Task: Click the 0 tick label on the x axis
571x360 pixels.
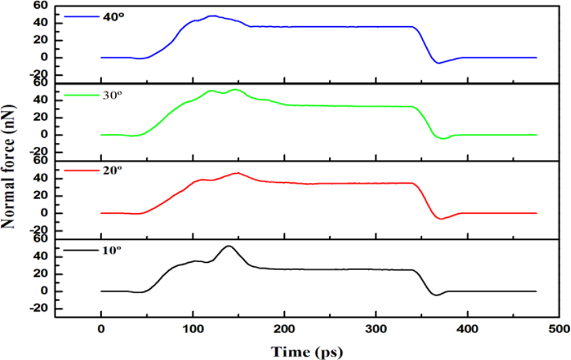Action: tap(101, 330)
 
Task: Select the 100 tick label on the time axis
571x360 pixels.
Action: tap(192, 330)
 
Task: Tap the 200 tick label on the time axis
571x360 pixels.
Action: tap(284, 330)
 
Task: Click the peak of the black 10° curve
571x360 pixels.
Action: tap(229, 246)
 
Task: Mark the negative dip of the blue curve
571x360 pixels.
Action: tap(439, 63)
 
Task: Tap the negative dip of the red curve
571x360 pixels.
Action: tap(440, 219)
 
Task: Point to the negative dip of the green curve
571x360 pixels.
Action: tap(442, 139)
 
